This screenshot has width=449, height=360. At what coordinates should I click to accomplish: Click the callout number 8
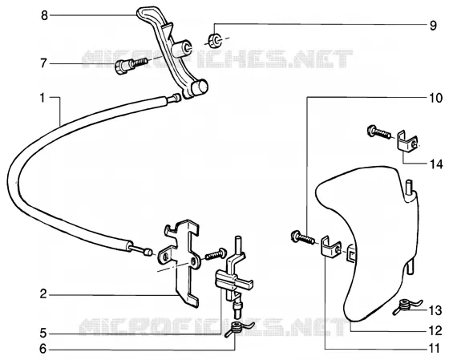tap(44, 15)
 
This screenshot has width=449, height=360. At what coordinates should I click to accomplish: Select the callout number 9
tap(433, 26)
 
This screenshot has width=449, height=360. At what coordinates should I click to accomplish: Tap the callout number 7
tap(43, 63)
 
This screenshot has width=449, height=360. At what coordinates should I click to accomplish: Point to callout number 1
tap(42, 99)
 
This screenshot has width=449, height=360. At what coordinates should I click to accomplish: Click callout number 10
tap(435, 99)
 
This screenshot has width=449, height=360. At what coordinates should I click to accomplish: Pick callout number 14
tap(436, 164)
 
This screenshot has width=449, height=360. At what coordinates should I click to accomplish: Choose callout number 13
tap(435, 311)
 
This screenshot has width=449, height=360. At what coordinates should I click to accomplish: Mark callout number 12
tap(435, 331)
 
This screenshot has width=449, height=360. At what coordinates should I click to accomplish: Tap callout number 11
tap(435, 349)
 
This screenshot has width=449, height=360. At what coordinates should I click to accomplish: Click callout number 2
tap(43, 294)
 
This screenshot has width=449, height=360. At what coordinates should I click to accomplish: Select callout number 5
tap(43, 334)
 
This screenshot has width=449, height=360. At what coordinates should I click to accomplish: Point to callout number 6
tap(42, 349)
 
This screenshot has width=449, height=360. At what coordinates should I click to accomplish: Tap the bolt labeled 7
tap(131, 65)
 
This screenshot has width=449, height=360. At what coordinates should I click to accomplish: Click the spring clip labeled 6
tap(239, 329)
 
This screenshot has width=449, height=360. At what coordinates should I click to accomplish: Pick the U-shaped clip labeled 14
tap(407, 140)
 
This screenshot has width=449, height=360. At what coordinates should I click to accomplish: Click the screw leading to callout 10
tap(302, 237)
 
